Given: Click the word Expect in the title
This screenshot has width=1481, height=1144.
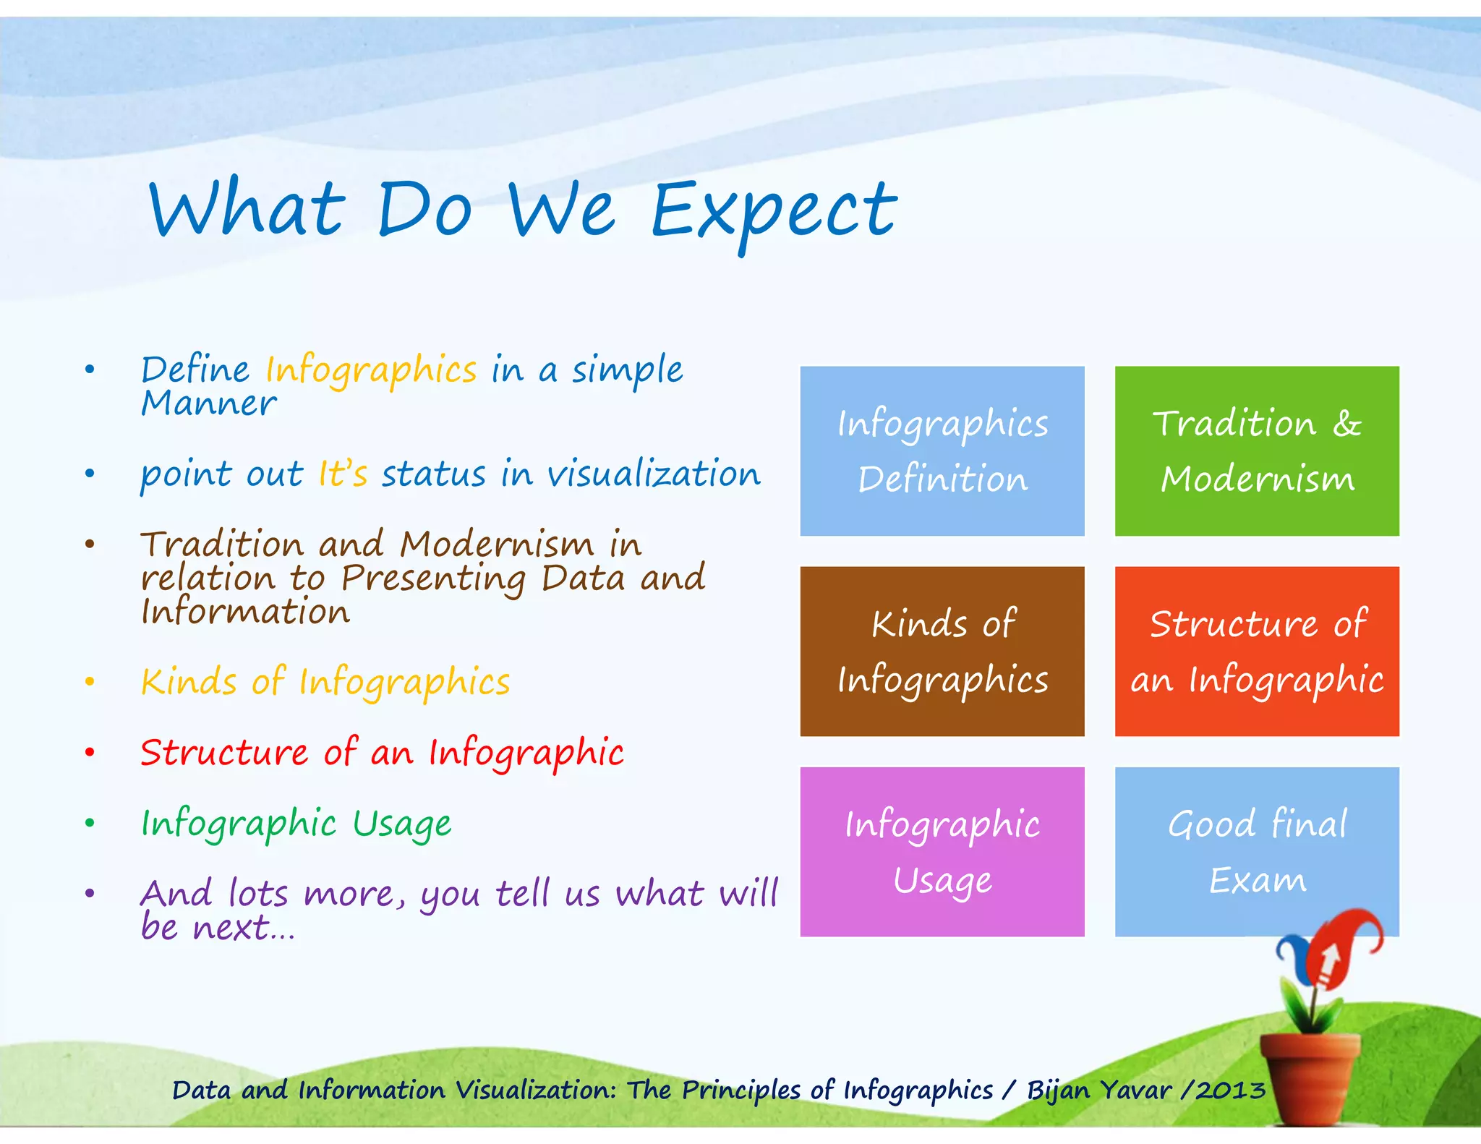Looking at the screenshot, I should pyautogui.click(x=774, y=211).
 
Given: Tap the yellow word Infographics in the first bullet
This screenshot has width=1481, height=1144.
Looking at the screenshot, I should pyautogui.click(x=371, y=370).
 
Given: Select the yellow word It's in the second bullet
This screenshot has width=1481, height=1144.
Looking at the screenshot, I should pyautogui.click(x=343, y=475).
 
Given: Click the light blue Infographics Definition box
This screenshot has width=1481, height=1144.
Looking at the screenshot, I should pyautogui.click(x=942, y=451).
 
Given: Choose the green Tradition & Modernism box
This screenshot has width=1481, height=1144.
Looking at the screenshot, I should pyautogui.click(x=1256, y=451).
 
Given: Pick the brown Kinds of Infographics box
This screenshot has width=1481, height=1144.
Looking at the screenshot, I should pyautogui.click(x=942, y=651).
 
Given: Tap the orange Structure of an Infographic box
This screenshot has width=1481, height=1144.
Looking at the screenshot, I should pyautogui.click(x=1256, y=651).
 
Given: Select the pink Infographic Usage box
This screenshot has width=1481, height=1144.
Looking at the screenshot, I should pyautogui.click(x=942, y=851).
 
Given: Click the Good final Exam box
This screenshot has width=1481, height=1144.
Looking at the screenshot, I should pyautogui.click(x=1256, y=851).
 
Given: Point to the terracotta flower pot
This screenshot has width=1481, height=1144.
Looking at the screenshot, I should pyautogui.click(x=1310, y=1077).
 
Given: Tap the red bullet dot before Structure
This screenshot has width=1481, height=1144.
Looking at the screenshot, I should pyautogui.click(x=90, y=753).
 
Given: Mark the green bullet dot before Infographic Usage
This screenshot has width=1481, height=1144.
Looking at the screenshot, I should pyautogui.click(x=90, y=823).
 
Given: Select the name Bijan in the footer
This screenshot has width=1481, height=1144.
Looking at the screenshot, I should pyautogui.click(x=1058, y=1090).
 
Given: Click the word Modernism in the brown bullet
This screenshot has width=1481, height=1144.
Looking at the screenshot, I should pyautogui.click(x=497, y=544).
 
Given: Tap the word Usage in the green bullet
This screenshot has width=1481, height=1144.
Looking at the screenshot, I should pyautogui.click(x=402, y=824).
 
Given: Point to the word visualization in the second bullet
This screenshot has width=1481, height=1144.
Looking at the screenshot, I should pyautogui.click(x=654, y=475).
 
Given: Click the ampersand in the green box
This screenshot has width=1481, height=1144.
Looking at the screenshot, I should pyautogui.click(x=1346, y=424).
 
